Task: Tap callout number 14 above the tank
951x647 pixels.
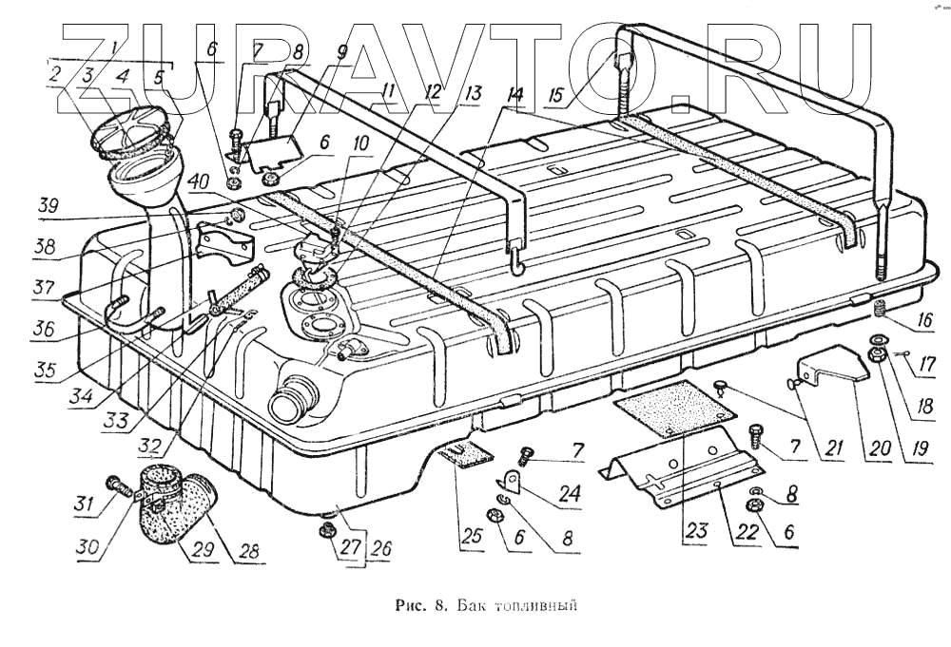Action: (515, 95)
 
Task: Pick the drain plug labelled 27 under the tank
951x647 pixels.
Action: (327, 528)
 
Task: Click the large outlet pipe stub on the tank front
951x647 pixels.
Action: (289, 400)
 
